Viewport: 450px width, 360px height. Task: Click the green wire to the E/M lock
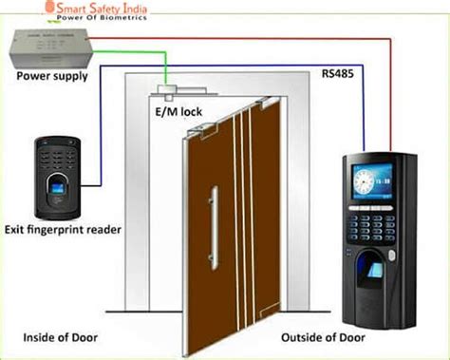point(165,71)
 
